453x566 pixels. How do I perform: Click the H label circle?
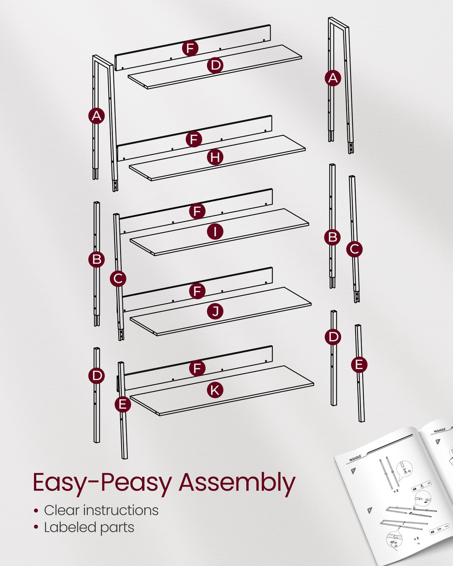215,157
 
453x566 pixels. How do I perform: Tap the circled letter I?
215,232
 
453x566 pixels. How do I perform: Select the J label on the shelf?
215,311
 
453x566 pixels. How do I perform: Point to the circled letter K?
215,390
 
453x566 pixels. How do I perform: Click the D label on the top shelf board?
215,65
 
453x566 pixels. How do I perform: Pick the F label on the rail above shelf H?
194,139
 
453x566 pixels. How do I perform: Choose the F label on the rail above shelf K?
197,368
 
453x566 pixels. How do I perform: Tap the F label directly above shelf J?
197,291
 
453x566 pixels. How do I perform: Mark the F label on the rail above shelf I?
197,211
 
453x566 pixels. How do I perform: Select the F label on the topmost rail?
190,48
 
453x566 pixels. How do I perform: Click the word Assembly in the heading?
237,482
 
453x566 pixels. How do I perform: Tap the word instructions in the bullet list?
121,510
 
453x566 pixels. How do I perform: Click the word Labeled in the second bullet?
66,527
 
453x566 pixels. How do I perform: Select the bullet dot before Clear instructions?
36,510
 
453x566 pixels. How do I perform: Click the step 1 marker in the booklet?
353,471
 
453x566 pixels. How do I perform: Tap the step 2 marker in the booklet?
369,510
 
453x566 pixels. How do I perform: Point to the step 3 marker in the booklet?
438,442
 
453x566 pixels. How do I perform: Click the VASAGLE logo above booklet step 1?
355,458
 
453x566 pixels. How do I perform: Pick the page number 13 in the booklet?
418,544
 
